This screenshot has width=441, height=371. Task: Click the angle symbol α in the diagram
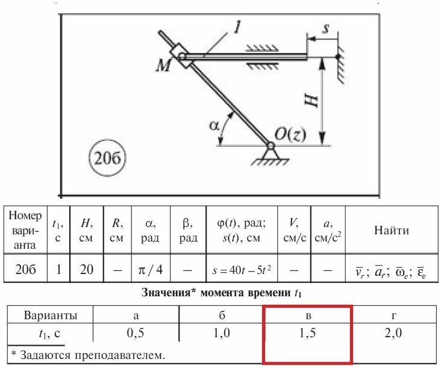point(213,125)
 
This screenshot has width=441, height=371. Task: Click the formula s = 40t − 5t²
point(242,270)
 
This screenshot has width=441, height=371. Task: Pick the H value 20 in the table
point(87,270)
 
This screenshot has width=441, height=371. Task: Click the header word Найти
point(392,230)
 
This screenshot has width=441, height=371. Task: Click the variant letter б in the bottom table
point(222,315)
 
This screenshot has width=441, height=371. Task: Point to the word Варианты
point(50,315)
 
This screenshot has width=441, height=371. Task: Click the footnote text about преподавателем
point(88,355)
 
